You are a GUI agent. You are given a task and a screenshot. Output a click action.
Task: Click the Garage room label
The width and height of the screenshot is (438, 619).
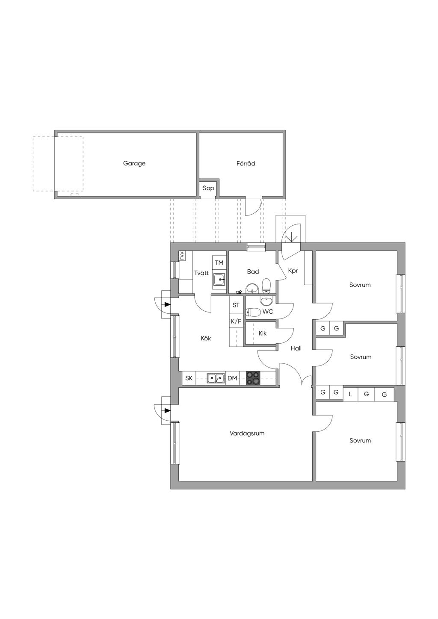point(134,163)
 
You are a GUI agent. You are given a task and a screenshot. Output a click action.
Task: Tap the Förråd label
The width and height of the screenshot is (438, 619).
point(246,163)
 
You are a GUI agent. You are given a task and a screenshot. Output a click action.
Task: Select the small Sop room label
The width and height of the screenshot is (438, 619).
point(208,188)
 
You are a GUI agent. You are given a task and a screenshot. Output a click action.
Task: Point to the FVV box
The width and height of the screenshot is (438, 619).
point(182,256)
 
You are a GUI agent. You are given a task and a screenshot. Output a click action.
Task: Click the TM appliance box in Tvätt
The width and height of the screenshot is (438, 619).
point(219,263)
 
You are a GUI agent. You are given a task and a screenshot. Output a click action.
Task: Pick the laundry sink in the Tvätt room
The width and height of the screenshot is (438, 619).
point(219,280)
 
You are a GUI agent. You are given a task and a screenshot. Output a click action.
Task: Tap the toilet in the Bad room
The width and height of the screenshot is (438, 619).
point(266,286)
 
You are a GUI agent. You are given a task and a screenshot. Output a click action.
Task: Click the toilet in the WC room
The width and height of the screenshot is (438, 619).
point(253,312)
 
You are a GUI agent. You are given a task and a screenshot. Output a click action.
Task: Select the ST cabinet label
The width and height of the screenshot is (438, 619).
point(236,305)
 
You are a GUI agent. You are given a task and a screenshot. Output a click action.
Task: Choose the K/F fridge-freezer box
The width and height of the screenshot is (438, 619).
point(236,321)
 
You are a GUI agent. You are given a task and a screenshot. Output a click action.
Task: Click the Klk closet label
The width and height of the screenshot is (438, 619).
point(262,333)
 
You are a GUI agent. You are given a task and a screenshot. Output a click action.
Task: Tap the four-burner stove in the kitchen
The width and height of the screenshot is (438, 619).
point(253,378)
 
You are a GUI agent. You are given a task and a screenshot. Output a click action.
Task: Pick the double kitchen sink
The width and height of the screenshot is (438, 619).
point(216,377)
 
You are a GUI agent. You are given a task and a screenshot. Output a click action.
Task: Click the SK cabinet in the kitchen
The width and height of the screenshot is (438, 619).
point(189,378)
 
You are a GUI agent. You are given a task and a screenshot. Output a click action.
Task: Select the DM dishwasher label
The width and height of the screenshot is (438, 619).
point(232,378)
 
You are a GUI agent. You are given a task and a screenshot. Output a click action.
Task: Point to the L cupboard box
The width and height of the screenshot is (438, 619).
point(350,394)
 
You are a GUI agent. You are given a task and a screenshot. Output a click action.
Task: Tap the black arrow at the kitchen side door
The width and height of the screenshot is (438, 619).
point(167,304)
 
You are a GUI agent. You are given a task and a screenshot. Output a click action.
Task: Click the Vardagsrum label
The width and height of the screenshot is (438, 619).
point(247,433)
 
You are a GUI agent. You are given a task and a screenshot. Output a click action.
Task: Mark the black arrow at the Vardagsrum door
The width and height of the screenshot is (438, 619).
point(167,410)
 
